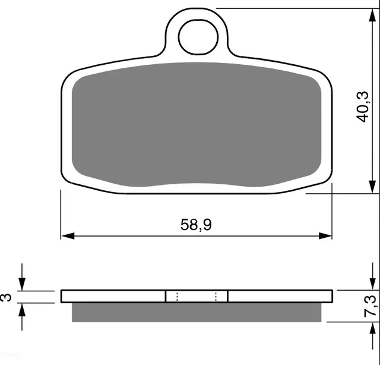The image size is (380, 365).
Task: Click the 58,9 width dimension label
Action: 196,225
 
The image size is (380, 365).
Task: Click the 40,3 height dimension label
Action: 362,106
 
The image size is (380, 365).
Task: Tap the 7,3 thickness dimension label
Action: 370,306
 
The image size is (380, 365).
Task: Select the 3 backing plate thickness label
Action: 6,297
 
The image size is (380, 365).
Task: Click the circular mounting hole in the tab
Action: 198,37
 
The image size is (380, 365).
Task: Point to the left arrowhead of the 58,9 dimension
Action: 68,235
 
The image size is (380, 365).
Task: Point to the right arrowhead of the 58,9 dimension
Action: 325,235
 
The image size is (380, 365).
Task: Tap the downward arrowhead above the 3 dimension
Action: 22,284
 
